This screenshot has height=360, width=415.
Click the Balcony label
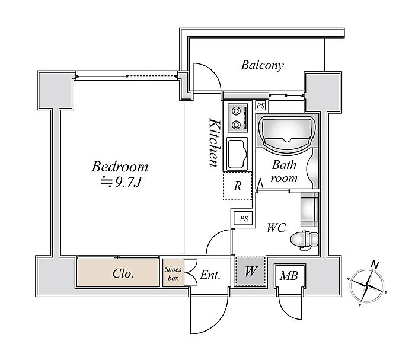pos(261,65)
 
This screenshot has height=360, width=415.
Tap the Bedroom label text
pos(120,167)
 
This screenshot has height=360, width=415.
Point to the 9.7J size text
pos(121,182)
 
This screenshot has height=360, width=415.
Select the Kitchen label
pos(215,142)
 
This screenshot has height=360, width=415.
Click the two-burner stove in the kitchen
pos(238,117)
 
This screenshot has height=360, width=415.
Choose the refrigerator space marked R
pos(237,186)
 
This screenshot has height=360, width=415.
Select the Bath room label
pos(283,171)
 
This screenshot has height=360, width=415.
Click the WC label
pos(276,227)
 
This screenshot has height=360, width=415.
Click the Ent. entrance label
pos(210,275)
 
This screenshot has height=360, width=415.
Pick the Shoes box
pos(173,273)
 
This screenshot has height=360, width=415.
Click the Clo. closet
pos(123,274)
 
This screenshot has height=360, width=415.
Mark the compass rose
pos(368,285)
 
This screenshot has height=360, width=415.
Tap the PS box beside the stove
pos(260,106)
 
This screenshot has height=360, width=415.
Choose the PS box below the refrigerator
pos(243,219)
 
